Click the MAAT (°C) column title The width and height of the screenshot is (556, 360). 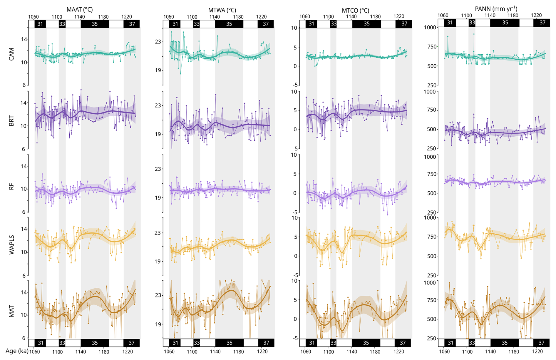80,9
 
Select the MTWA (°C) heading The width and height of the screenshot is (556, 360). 222,10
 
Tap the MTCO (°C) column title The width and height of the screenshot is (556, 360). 356,10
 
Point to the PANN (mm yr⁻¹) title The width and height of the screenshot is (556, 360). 496,9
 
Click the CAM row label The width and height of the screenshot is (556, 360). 11,54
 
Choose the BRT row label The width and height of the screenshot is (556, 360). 11,121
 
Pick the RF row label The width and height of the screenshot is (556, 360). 11,186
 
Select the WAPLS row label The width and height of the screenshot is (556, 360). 11,245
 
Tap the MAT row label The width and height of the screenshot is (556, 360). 11,311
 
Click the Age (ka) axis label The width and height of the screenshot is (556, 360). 17,351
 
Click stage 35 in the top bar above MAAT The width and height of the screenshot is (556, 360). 95,24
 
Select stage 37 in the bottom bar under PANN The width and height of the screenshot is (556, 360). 541,343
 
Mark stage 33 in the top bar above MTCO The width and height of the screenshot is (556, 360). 334,24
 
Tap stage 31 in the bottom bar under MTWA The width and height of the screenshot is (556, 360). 175,343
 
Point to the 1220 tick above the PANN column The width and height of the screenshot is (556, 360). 536,15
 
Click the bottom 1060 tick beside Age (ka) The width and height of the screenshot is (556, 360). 34,352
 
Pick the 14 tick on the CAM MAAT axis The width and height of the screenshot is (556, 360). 24,39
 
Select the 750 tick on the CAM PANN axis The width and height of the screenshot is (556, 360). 432,47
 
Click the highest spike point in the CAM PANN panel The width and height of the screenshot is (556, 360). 474,34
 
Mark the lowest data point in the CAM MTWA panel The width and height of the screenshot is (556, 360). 180,73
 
